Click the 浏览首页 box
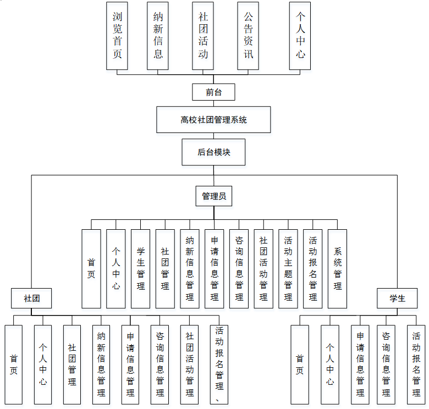coord(117,35)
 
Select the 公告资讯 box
coord(248,35)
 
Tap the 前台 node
coord(213,92)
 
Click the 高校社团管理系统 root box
coord(213,119)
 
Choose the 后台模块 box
coord(213,152)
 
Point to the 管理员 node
coord(213,196)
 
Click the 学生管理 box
coord(140,268)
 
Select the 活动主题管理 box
coord(288,268)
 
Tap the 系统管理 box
coord(337,268)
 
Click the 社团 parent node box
coord(31,299)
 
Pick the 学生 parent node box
coord(397,299)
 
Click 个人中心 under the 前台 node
coord(300,35)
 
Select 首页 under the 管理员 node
coord(91,268)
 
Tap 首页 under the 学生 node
coord(300,363)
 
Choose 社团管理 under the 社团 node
coord(72,363)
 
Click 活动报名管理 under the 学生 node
coord(416,363)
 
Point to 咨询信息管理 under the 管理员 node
coord(239,268)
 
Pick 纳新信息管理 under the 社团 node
coord(101,363)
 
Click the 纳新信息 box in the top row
coord(158,35)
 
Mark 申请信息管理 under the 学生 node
coord(360,363)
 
